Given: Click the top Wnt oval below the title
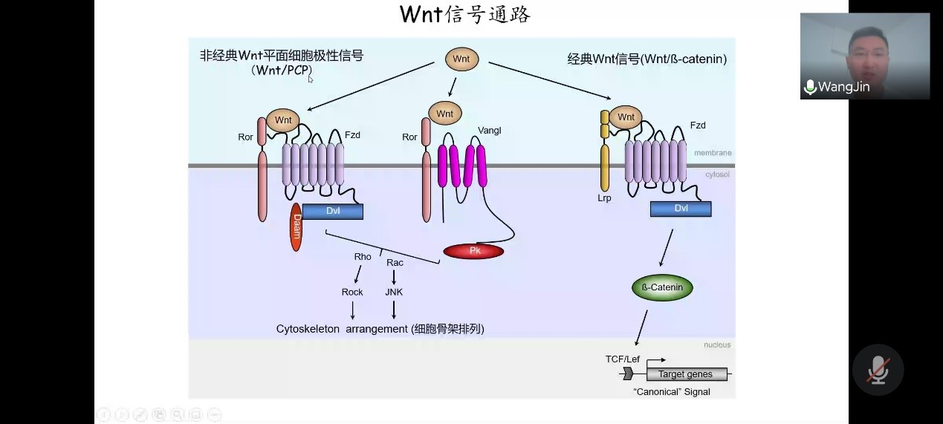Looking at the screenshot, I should (461, 59).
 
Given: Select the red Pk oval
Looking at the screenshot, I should (473, 251).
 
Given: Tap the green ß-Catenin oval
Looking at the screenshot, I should (662, 287).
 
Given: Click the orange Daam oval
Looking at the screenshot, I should (296, 226).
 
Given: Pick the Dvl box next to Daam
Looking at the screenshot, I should (333, 212).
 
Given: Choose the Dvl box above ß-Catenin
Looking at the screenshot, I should (681, 209).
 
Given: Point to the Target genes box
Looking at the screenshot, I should (685, 374).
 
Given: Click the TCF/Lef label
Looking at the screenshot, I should (622, 359).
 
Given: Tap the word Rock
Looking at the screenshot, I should (352, 293).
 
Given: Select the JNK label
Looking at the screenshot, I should (394, 293).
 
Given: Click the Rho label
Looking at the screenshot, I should (363, 257).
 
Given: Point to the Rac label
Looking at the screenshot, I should (395, 263).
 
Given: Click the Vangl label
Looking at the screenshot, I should (490, 131).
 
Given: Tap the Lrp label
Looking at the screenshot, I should (604, 199).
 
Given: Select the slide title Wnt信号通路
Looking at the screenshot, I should (465, 15).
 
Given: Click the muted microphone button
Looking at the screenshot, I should (878, 369).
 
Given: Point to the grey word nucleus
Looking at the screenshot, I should (717, 345).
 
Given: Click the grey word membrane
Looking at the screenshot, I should (713, 153).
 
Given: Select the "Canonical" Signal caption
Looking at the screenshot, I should (671, 391).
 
